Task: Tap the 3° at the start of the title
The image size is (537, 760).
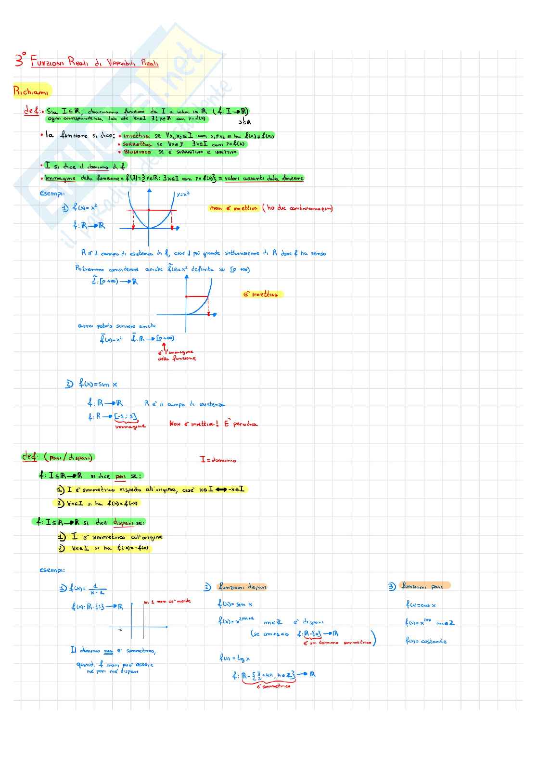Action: click(20, 60)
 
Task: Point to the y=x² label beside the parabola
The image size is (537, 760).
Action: click(183, 194)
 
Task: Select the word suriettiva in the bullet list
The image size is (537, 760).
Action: click(137, 144)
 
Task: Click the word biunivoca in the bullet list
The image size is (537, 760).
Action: click(137, 152)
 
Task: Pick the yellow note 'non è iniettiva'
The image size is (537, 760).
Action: click(234, 208)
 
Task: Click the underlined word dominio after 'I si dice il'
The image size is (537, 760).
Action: click(98, 167)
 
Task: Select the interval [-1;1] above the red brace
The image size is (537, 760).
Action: click(126, 416)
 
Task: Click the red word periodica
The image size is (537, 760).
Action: click(245, 424)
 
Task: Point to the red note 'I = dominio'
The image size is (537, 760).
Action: click(218, 460)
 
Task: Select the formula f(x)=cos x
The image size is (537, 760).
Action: click(421, 605)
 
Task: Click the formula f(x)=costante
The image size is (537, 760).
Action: click(426, 641)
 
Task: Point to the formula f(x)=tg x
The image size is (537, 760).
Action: click(235, 658)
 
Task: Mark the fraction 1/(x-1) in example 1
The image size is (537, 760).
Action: click(95, 589)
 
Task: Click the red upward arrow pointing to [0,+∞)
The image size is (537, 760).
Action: click(164, 347)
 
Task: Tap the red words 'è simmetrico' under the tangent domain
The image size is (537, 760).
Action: click(273, 686)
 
